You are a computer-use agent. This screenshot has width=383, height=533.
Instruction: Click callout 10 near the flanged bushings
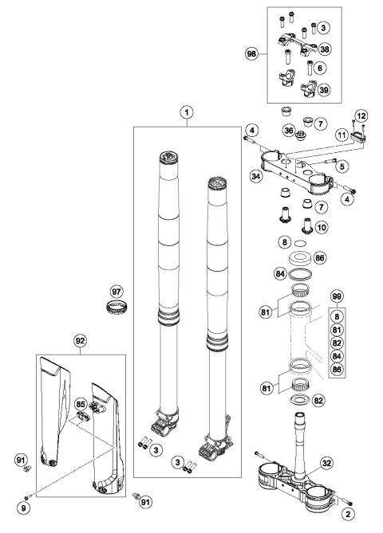pyautogui.click(x=322, y=229)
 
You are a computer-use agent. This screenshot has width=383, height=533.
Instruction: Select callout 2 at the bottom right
pyautogui.click(x=347, y=515)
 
